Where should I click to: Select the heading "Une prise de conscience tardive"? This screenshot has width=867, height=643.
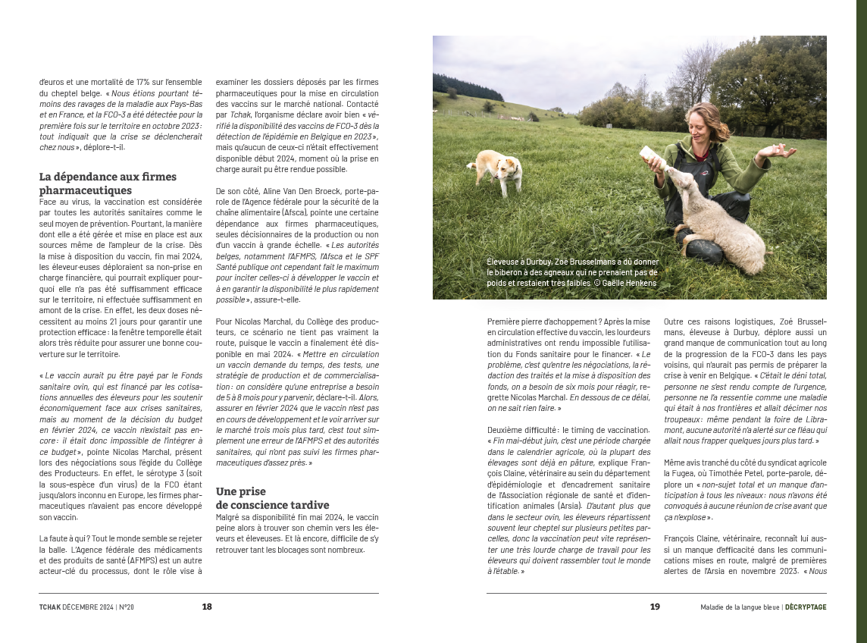click(272, 498)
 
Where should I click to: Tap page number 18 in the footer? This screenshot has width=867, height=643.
click(207, 607)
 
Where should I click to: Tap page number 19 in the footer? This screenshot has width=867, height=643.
click(655, 607)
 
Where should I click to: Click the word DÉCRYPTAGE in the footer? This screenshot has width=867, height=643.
click(806, 607)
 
